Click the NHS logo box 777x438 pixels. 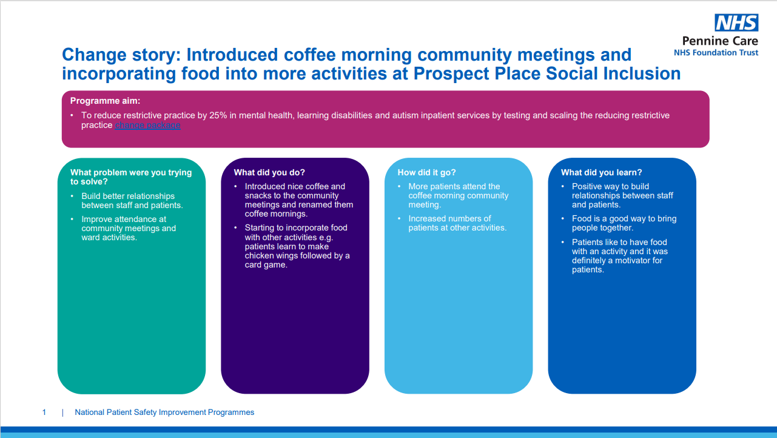pos(736,23)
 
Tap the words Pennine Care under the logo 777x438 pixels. pos(720,41)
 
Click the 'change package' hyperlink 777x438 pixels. pos(147,125)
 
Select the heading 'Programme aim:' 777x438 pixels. pos(105,101)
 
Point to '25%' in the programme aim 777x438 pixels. pos(218,115)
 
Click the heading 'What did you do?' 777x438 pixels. pos(269,172)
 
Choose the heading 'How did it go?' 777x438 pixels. pos(426,172)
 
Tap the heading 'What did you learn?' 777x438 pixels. pos(602,172)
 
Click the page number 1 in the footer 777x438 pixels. pos(44,413)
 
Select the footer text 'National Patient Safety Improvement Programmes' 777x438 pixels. pos(164,413)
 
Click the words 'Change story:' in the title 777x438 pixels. pos(121,55)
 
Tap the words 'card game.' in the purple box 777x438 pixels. pos(266,265)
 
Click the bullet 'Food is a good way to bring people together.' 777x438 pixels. pos(624,223)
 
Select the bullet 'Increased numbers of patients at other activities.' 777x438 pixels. pos(457,223)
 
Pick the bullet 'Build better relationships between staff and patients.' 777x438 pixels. pos(132,201)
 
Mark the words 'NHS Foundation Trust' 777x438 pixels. pos(716,53)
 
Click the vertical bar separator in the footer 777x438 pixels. pos(62,413)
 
